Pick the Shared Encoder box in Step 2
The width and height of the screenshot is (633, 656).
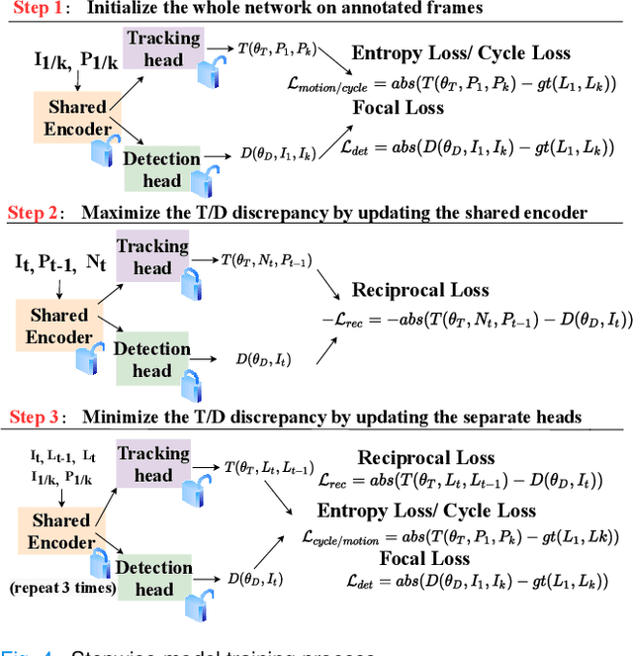[x=58, y=326]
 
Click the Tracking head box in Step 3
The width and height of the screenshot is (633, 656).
[x=153, y=464]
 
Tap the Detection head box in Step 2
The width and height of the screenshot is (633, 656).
[x=151, y=359]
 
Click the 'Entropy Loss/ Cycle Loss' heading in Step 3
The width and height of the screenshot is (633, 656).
[x=426, y=511]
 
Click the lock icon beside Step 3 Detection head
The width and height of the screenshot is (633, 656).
[x=206, y=601]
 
